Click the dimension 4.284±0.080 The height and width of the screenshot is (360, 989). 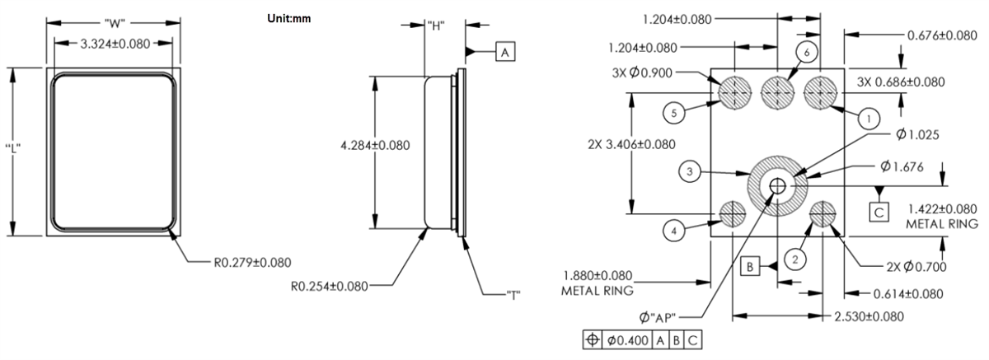pyautogui.click(x=375, y=145)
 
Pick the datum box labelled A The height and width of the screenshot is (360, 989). pyautogui.click(x=505, y=53)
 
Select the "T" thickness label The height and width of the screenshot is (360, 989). pyautogui.click(x=511, y=293)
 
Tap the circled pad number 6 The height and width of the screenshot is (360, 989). pyautogui.click(x=808, y=52)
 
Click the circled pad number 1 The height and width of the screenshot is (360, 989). pyautogui.click(x=866, y=119)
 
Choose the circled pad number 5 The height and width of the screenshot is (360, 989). pyautogui.click(x=675, y=114)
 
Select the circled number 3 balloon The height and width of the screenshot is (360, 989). pyautogui.click(x=691, y=172)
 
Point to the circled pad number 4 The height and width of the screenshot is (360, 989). pyautogui.click(x=674, y=231)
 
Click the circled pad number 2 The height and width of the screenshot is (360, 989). pyautogui.click(x=794, y=259)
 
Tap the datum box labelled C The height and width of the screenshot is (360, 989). pyautogui.click(x=880, y=212)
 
